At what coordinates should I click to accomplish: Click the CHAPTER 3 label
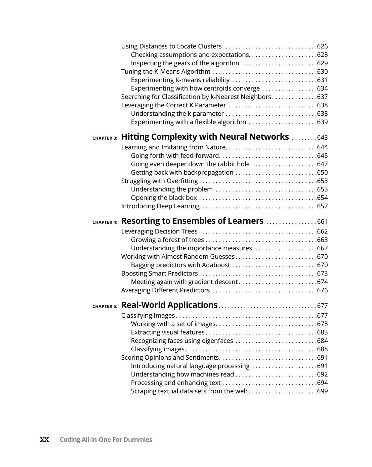tap(105, 138)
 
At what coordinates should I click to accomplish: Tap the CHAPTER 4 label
tap(105, 222)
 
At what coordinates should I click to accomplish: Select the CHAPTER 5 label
tap(105, 307)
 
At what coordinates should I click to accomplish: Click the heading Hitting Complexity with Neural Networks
tap(205, 137)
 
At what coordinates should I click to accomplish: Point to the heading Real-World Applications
tap(169, 305)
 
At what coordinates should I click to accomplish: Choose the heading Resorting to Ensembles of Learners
tap(192, 221)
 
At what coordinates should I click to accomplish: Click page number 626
tap(322, 46)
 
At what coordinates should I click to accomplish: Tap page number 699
tap(322, 391)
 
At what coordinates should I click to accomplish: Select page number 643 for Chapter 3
tap(322, 138)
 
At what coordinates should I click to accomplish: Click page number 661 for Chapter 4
tap(322, 222)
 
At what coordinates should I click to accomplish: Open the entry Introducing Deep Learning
tap(160, 206)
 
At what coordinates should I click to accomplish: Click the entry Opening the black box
tap(164, 198)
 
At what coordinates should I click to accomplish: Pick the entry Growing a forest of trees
tap(167, 240)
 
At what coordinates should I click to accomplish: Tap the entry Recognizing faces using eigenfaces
tap(182, 341)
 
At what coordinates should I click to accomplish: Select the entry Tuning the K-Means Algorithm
tap(166, 72)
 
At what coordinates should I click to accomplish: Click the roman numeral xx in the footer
tap(44, 440)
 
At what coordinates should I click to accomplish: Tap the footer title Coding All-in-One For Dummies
tap(106, 440)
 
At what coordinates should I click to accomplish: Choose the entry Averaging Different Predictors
tap(165, 290)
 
